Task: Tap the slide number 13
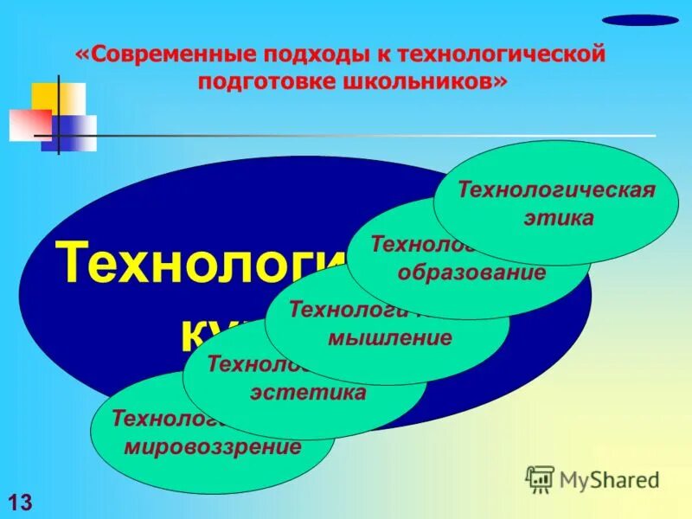point(19,500)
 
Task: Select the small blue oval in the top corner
point(640,20)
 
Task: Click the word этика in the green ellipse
point(558,218)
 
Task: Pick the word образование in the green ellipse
point(471,273)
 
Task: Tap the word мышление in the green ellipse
point(389,337)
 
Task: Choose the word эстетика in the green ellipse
point(308,393)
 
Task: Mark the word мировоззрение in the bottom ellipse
point(212,448)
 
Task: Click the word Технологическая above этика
point(556,189)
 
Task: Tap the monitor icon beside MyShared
point(540,478)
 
